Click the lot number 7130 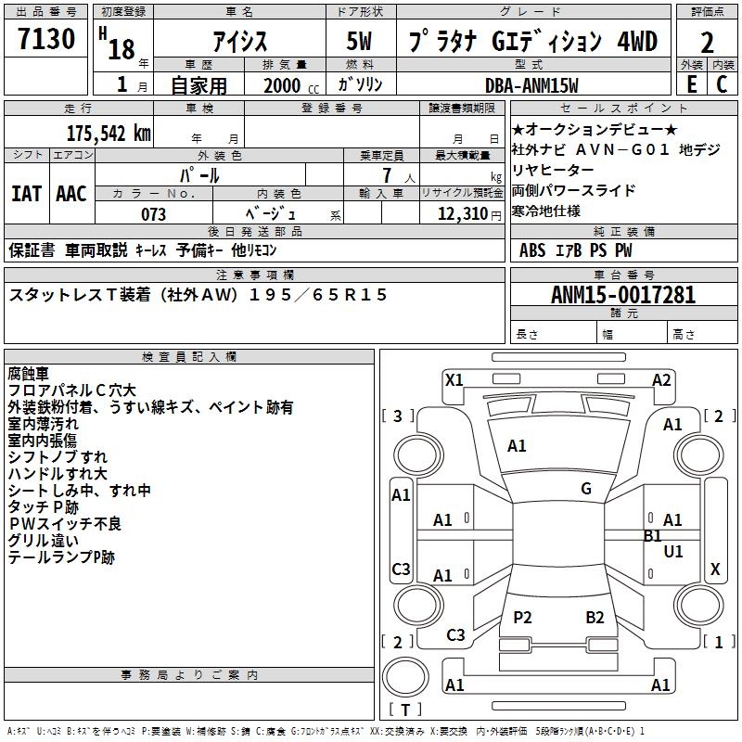46,39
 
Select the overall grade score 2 707,42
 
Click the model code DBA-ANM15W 531,86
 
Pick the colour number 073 153,214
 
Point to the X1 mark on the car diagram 454,378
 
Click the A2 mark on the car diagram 661,379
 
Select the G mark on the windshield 586,489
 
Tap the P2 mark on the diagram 523,618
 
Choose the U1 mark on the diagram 673,552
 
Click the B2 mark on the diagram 595,618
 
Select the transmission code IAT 26,194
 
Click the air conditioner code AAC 71,194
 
